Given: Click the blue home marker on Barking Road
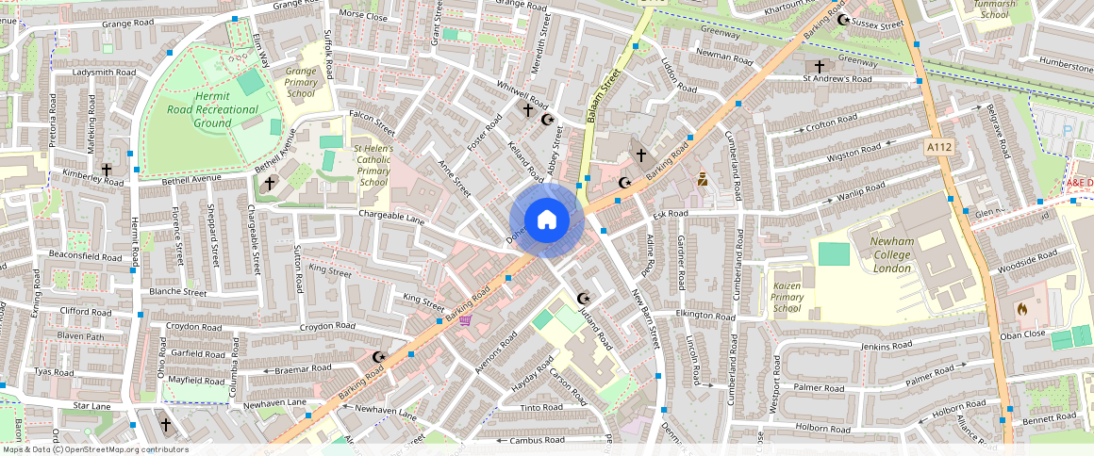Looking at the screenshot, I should click(546, 220).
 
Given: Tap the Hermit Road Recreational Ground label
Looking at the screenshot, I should click(199, 109).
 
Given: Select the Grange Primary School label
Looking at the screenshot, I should click(301, 82).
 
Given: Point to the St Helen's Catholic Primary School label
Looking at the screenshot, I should click(373, 165).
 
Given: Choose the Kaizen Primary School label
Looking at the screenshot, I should click(787, 296).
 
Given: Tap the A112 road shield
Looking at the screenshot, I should click(937, 147).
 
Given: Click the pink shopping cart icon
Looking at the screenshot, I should click(465, 319).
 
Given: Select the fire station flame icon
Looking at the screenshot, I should click(1021, 307).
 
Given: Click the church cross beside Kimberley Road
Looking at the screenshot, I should click(107, 171).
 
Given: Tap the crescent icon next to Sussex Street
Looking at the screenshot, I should click(842, 20).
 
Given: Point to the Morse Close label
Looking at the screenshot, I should click(363, 16).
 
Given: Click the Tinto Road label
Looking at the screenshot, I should click(541, 408).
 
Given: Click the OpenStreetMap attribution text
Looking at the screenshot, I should click(94, 449).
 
